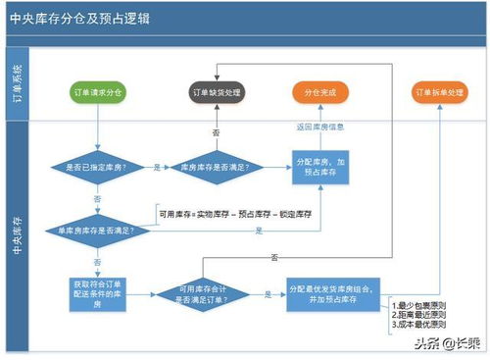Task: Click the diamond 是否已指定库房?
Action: [98, 168]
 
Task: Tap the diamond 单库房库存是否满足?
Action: [98, 230]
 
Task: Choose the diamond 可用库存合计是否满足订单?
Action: [203, 293]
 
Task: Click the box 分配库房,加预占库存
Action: [320, 168]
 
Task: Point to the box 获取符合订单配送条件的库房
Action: [98, 292]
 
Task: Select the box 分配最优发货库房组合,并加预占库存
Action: [329, 292]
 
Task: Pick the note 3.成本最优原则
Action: [417, 324]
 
